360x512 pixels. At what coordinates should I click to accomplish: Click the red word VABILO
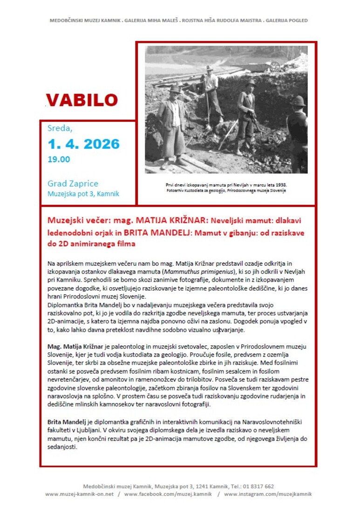(x=82, y=100)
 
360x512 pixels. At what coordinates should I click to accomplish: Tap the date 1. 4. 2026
(x=83, y=143)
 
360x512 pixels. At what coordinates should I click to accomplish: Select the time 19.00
(x=59, y=159)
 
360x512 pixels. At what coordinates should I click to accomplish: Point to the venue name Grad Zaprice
(x=73, y=183)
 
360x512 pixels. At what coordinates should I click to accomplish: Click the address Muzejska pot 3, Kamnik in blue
(x=83, y=194)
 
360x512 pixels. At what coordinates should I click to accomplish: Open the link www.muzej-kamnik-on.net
(x=79, y=494)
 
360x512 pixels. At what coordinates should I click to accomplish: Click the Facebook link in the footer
(x=168, y=494)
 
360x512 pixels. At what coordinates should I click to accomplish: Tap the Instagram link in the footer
(x=268, y=494)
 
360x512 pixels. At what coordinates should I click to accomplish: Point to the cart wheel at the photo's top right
(x=275, y=66)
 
